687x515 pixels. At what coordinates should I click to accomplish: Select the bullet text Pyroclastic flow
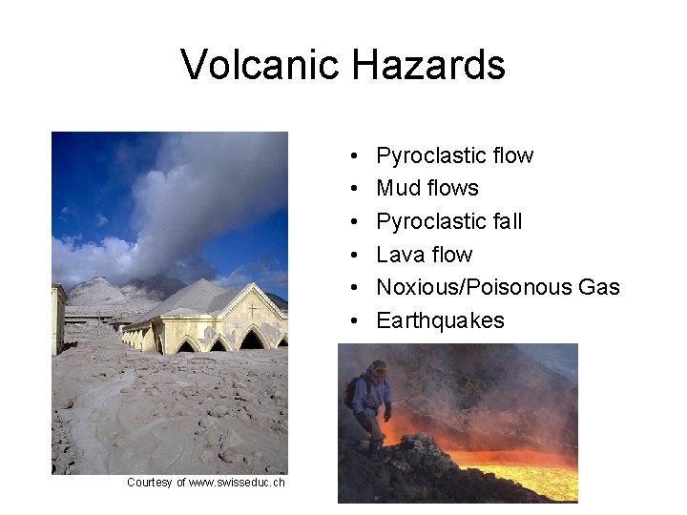pyautogui.click(x=454, y=155)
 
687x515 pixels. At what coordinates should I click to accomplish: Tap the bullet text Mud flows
pyautogui.click(x=427, y=188)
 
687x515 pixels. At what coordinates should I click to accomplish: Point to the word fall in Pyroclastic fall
pyautogui.click(x=506, y=221)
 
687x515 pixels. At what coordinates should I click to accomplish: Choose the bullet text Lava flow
pyautogui.click(x=424, y=255)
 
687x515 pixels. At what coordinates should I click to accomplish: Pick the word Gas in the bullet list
pyautogui.click(x=598, y=287)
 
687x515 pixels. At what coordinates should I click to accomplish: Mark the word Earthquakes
pyautogui.click(x=440, y=320)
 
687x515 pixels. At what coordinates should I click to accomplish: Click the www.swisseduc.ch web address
pyautogui.click(x=237, y=483)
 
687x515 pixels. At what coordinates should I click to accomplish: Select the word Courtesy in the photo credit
pyautogui.click(x=150, y=483)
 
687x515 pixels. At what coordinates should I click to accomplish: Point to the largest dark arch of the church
pyautogui.click(x=252, y=340)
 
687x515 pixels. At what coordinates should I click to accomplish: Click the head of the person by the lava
pyautogui.click(x=379, y=367)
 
